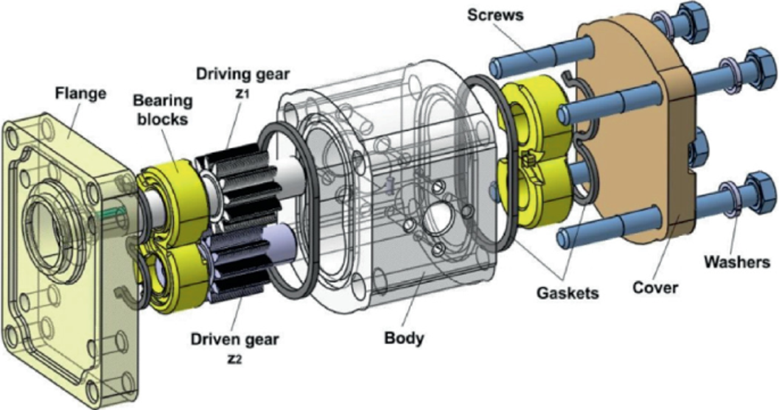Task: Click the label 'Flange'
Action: pos(80,94)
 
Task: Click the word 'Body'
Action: pos(403,338)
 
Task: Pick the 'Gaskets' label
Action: pos(567,293)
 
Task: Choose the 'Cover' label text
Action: pos(655,286)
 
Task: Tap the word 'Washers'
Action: pos(737,262)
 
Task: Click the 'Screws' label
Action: pos(495,15)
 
